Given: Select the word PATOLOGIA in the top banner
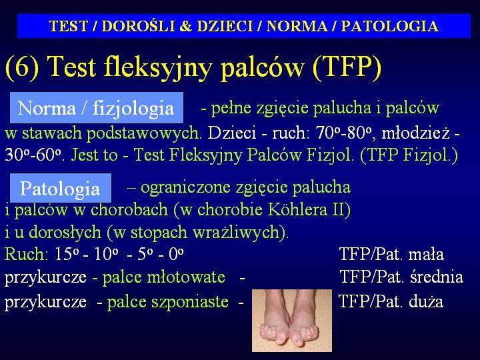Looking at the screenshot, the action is coord(389,26).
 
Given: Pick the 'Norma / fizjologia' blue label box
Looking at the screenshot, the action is coord(97,108).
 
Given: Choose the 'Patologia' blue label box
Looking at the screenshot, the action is coord(60,188).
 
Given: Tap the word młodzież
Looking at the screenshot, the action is coord(416,133).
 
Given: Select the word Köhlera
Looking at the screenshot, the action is coord(297,209).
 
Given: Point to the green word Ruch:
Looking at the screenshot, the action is coord(26,254).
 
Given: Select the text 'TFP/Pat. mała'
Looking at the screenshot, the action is coord(391,254).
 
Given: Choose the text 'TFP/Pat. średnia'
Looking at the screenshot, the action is coord(401,277).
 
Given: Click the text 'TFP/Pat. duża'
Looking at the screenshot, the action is coord(391,302).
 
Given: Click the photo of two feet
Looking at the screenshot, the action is coord(292,321).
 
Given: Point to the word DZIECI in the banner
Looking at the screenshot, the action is coord(225,26).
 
